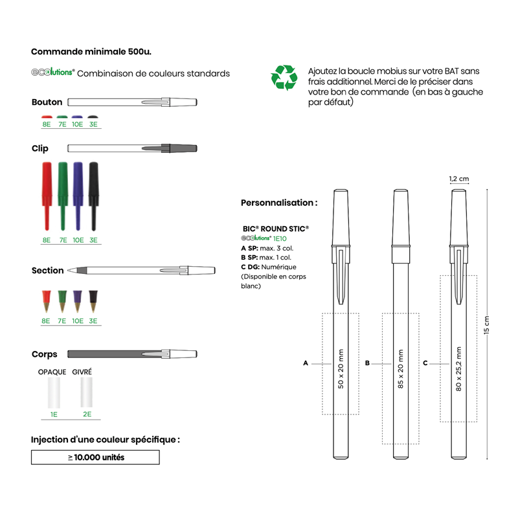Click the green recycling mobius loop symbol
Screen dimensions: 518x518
(x=284, y=77)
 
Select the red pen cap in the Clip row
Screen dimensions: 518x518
(x=47, y=194)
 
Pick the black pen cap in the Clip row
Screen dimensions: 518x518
(x=93, y=194)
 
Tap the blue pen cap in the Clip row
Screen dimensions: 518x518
(x=78, y=194)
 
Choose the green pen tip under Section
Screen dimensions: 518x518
(x=62, y=301)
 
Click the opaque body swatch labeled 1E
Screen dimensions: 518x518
(x=53, y=392)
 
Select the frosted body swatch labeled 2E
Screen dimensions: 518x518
(x=85, y=392)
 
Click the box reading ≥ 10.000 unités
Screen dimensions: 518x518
(x=95, y=457)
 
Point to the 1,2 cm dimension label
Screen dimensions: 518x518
(x=458, y=179)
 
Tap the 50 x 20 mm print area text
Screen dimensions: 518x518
(x=341, y=368)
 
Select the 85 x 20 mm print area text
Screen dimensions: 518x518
(x=400, y=368)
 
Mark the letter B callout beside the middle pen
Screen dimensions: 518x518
(x=367, y=363)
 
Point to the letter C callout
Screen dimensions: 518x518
(x=425, y=363)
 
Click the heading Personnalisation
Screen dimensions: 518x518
(x=279, y=203)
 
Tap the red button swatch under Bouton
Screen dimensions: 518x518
(x=47, y=117)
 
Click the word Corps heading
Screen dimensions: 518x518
(x=44, y=354)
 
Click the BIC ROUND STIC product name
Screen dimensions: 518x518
(x=275, y=229)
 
